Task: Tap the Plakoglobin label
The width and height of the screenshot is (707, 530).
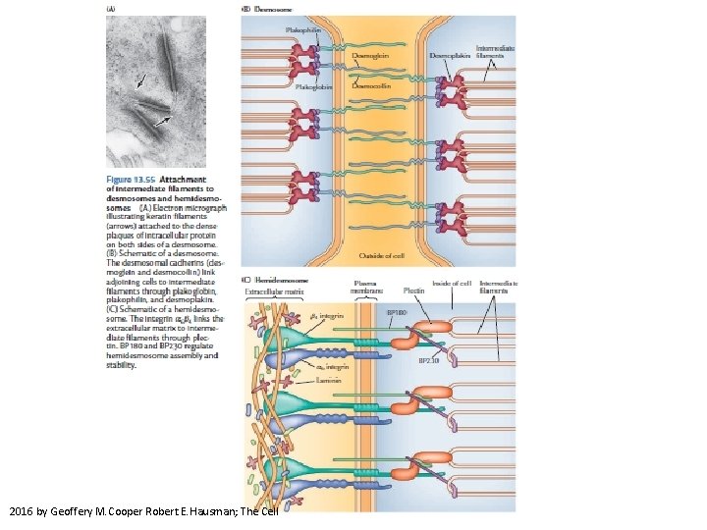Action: click(314, 85)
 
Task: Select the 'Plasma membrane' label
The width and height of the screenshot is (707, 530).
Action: click(367, 287)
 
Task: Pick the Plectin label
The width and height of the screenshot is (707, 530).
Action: click(413, 291)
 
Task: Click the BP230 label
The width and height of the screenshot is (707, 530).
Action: click(429, 360)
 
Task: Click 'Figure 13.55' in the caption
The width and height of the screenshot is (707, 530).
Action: click(132, 180)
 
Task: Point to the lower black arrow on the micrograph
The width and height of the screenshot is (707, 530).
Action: click(162, 119)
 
